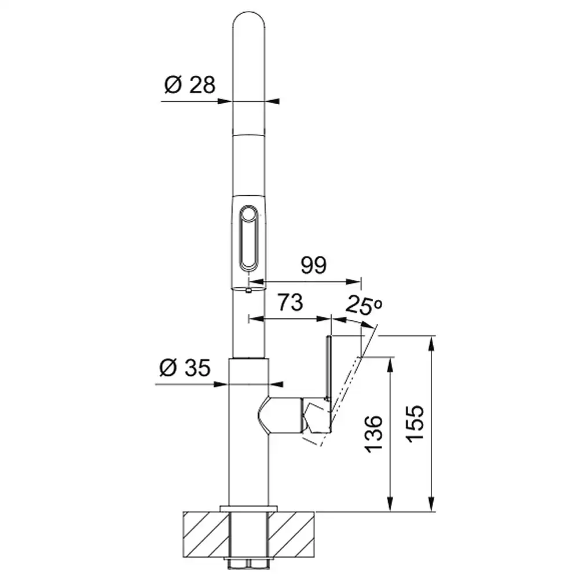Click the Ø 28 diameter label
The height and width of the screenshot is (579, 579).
point(189,85)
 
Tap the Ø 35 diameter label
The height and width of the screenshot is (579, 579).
point(185,368)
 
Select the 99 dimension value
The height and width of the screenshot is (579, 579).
point(313,265)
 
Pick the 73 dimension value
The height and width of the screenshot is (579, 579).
point(290,302)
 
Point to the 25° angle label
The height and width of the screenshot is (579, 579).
point(364,305)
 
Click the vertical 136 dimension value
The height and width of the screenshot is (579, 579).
point(373,434)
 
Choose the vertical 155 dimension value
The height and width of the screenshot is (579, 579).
point(415,424)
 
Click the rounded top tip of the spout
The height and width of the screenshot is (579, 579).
point(249,12)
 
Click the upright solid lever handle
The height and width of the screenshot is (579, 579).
point(328,368)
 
